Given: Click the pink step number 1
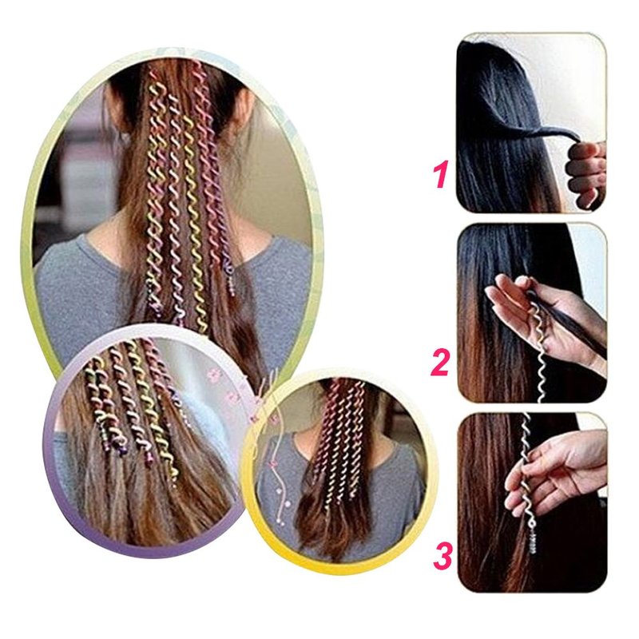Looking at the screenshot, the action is [x=441, y=174].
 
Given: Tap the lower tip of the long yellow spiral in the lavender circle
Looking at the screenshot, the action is [x=175, y=480].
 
